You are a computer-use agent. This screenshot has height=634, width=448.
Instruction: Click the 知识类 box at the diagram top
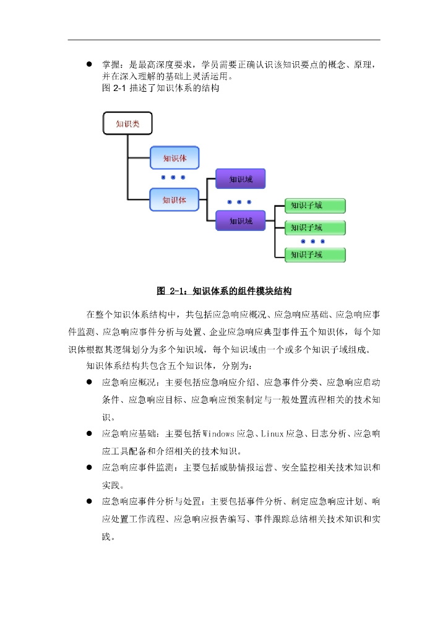click(127, 123)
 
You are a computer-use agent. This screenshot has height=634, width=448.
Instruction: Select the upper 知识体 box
click(174, 158)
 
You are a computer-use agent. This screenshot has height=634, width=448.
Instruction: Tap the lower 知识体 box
click(174, 199)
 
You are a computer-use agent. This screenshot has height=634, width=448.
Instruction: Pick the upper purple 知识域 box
click(240, 179)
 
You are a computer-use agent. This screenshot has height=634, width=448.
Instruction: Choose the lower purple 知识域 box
click(240, 220)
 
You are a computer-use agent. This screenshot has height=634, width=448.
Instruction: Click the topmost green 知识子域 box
click(314, 206)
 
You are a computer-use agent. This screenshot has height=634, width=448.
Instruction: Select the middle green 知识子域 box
click(314, 227)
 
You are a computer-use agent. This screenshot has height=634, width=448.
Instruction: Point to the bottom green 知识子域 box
click(314, 254)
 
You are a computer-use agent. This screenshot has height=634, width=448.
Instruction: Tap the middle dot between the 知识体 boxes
click(173, 177)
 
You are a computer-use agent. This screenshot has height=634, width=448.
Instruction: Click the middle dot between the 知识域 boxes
click(239, 202)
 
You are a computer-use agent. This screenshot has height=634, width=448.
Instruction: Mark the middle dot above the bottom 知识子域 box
click(313, 241)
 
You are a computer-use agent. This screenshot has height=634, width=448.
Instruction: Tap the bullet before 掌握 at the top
click(89, 64)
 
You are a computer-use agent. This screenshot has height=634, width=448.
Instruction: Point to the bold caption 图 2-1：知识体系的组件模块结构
click(224, 290)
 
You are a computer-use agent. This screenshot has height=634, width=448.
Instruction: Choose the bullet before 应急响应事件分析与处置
click(89, 500)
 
